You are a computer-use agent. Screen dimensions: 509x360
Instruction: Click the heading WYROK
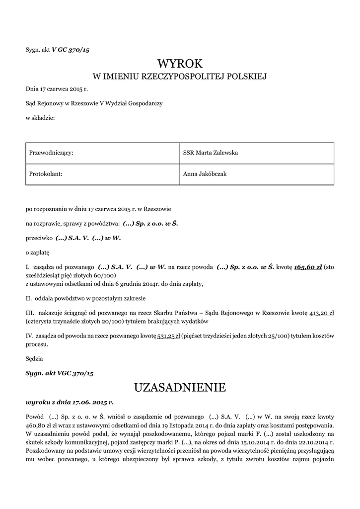click(x=180, y=63)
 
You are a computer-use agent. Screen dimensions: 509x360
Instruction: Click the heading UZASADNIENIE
click(x=180, y=387)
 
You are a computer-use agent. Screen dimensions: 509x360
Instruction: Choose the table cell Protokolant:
click(x=46, y=174)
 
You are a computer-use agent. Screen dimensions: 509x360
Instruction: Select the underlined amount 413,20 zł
click(x=322, y=313)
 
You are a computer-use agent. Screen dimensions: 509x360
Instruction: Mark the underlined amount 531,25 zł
click(x=168, y=337)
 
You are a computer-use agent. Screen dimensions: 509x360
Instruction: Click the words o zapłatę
click(x=37, y=253)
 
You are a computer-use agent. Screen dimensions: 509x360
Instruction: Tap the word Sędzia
click(x=34, y=358)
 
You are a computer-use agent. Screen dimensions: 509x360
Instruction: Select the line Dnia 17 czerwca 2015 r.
click(x=57, y=89)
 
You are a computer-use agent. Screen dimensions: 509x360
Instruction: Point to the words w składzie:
click(x=40, y=117)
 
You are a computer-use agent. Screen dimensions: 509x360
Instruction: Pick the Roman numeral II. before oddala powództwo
click(x=29, y=299)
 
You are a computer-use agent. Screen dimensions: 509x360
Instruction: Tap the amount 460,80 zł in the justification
click(x=36, y=426)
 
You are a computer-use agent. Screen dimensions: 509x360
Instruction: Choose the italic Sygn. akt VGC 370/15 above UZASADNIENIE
click(x=60, y=372)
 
